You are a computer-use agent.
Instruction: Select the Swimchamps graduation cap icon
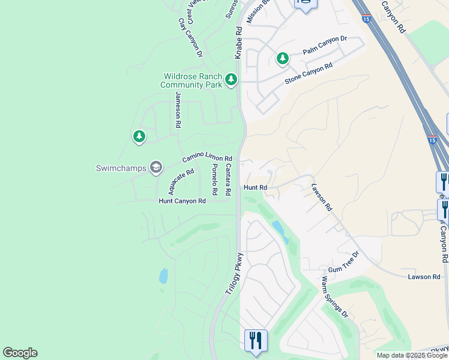coord(156,167)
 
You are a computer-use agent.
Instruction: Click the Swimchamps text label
coord(121,168)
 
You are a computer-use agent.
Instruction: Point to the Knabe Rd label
coord(238,42)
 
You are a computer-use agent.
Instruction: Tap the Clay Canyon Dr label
coord(189,38)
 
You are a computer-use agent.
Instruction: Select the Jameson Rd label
coord(178,110)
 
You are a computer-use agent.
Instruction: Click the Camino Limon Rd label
coord(207,157)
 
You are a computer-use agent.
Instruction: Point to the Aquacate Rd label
coord(181,181)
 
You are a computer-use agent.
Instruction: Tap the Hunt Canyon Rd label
coord(182,201)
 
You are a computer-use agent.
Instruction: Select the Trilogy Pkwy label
coord(234,272)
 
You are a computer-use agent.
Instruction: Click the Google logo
coord(20,353)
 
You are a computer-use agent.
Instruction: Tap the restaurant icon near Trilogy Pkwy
coord(256,340)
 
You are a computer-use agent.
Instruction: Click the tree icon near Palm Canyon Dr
coord(282,58)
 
